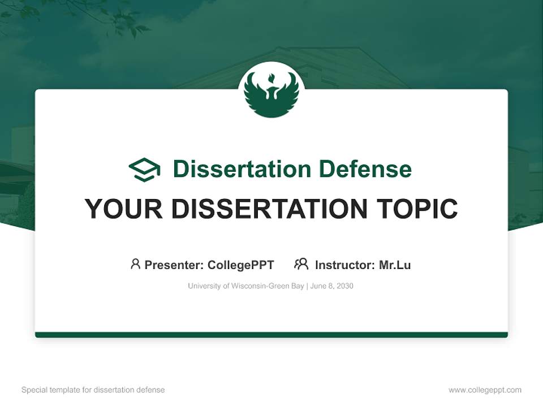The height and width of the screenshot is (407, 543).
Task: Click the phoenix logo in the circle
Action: (x=271, y=93)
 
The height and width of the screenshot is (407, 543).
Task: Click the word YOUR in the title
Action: (x=124, y=209)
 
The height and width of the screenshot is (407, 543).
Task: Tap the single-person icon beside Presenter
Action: (x=135, y=264)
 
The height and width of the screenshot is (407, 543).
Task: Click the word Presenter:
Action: (x=174, y=265)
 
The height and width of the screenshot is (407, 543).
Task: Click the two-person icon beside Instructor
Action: (x=301, y=264)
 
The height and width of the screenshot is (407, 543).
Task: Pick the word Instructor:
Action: (x=344, y=265)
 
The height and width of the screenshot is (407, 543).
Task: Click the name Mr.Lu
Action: (x=395, y=265)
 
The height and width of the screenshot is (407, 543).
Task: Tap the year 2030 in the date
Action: (x=344, y=286)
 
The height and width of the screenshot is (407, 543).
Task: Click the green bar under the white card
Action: (x=271, y=335)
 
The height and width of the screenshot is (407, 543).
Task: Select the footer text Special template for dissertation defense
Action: (x=93, y=390)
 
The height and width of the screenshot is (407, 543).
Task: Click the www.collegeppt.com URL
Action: (x=485, y=390)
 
